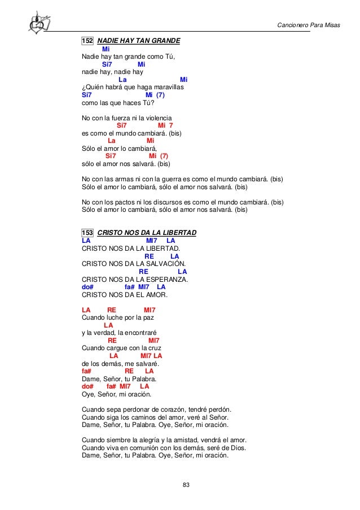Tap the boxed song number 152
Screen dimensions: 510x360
coord(87,41)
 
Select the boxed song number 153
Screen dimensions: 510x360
coord(87,233)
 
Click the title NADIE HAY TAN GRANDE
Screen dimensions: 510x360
coord(139,41)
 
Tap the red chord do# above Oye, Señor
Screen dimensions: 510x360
coord(87,386)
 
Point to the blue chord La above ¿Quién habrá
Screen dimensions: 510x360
coord(122,80)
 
